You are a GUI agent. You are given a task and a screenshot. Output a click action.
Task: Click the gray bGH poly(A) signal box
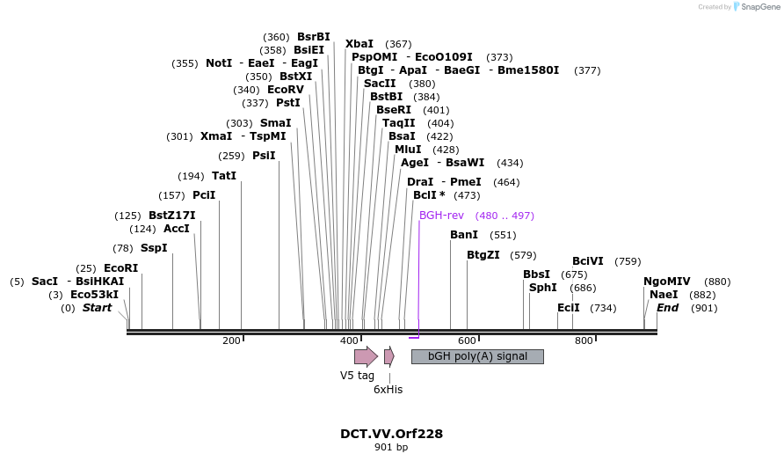click(477, 356)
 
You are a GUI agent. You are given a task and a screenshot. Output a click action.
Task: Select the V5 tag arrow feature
click(365, 356)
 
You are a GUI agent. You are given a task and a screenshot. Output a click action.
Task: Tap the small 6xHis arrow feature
click(388, 356)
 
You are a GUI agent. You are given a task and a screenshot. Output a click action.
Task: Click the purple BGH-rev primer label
click(441, 216)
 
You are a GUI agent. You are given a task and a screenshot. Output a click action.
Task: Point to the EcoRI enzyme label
click(120, 268)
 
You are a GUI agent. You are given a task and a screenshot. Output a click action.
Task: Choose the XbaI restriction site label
click(359, 44)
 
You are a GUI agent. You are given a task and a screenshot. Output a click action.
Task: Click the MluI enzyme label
click(408, 150)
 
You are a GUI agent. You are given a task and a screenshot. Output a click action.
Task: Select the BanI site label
click(464, 235)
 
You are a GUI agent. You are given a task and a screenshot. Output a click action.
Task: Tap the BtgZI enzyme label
click(483, 255)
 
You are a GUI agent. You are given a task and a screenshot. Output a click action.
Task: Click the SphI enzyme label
click(542, 288)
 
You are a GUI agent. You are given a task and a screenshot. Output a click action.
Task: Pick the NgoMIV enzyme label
click(667, 282)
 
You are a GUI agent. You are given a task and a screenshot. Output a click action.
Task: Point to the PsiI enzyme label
click(264, 156)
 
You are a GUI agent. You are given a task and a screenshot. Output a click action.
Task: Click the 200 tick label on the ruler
click(231, 340)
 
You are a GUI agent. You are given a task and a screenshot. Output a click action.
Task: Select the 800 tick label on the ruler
click(584, 340)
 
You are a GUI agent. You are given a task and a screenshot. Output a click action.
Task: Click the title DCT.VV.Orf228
click(391, 434)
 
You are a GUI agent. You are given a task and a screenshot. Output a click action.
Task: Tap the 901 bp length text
click(391, 447)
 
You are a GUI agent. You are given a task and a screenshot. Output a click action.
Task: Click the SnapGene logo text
click(759, 7)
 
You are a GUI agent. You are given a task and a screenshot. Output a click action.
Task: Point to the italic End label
click(667, 308)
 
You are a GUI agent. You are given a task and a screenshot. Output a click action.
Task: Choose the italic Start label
click(97, 308)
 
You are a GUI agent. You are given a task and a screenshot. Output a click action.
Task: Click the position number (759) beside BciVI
click(628, 261)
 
